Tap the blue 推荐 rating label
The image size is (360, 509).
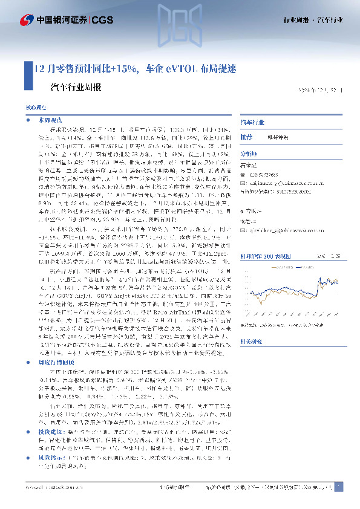[246, 137]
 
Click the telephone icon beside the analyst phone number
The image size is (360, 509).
[246, 176]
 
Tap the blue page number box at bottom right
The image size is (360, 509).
[339, 487]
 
